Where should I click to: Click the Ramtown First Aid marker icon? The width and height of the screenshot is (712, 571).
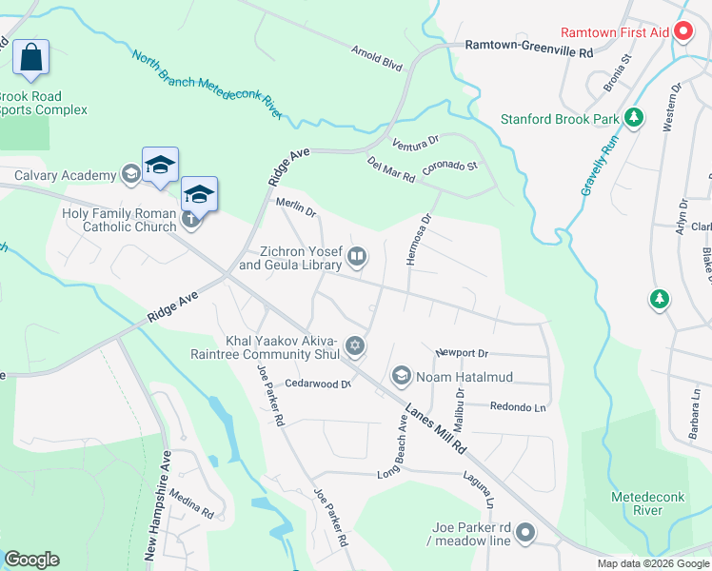(x=682, y=31)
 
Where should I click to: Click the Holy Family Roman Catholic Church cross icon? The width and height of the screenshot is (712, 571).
(x=190, y=221)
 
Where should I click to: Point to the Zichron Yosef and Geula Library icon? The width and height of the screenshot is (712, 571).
(x=357, y=255)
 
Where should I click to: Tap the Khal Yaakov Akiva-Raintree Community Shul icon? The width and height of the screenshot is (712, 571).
(x=355, y=345)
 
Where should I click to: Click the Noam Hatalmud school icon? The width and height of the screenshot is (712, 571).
(x=401, y=377)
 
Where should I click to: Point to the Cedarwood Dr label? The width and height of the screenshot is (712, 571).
(x=318, y=384)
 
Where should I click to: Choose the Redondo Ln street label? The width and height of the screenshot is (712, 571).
(x=518, y=406)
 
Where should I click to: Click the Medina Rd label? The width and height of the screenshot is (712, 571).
(x=194, y=513)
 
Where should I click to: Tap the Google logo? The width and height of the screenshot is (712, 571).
(x=31, y=560)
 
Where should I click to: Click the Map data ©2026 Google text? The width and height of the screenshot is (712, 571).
(x=652, y=563)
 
